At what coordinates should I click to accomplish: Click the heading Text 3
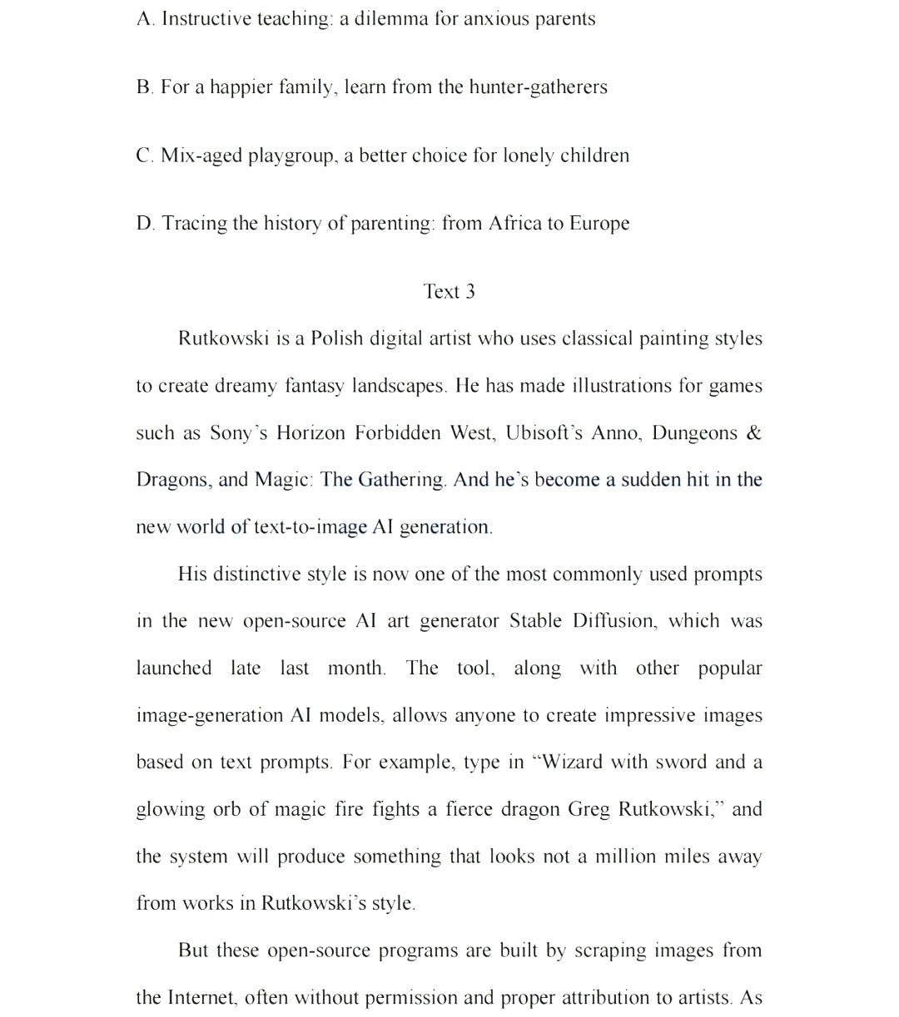(x=449, y=292)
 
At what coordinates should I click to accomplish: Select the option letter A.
(x=145, y=19)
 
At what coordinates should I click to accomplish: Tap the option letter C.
(x=144, y=156)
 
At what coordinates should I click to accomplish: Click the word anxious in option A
(x=496, y=19)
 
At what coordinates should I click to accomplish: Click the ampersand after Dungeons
(x=754, y=433)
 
